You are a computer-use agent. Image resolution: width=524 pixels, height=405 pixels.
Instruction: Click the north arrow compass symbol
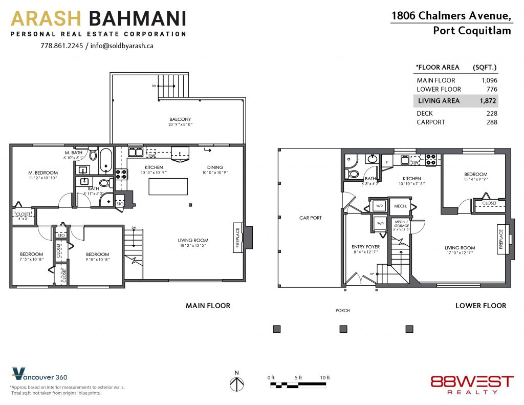point(236,384)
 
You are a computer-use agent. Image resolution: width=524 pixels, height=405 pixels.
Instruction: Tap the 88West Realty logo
point(472,385)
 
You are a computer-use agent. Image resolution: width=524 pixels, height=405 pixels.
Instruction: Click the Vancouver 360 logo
point(39,374)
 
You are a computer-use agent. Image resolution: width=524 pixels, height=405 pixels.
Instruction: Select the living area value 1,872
point(488,101)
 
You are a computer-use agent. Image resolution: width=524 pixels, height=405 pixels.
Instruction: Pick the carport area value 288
point(492,122)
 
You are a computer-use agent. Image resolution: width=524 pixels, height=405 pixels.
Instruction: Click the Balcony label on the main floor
point(180,119)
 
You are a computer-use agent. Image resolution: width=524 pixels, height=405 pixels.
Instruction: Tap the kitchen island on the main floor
point(168,186)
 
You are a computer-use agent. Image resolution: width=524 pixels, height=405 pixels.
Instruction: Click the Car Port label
point(311,218)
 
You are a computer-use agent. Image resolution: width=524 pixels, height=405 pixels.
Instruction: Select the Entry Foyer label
point(365,247)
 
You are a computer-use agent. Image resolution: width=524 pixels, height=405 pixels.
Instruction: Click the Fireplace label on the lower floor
point(501,239)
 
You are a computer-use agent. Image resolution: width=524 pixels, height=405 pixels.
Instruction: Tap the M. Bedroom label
point(43,173)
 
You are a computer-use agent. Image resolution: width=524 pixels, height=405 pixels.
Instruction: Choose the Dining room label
point(215,167)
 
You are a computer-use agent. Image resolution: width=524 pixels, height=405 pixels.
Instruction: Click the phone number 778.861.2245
point(62,46)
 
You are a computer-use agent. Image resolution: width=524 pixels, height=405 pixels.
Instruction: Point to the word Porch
point(342,310)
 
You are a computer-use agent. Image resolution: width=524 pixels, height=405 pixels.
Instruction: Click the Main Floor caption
point(208,306)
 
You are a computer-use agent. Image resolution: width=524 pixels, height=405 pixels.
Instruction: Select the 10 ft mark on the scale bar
point(325,377)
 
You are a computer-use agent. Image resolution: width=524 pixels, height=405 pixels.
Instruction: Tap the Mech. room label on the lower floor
point(400,206)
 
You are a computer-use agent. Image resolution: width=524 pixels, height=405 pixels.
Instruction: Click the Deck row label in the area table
point(425,113)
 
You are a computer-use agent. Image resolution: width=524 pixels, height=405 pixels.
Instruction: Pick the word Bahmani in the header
point(137,18)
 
